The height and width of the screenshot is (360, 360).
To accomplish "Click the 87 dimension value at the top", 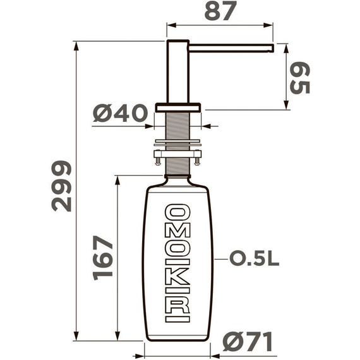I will click(219, 11).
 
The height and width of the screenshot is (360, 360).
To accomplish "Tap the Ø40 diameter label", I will click(119, 114).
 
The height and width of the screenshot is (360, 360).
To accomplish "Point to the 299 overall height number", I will click(62, 186).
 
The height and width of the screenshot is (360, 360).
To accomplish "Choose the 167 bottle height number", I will click(103, 258).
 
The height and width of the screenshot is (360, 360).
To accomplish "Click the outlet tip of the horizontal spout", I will click(271, 47).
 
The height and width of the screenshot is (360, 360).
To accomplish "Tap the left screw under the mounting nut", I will click(159, 162).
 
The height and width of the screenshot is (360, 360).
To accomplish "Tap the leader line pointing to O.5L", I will click(219, 260).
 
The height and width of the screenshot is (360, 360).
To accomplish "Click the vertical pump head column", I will click(177, 69).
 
